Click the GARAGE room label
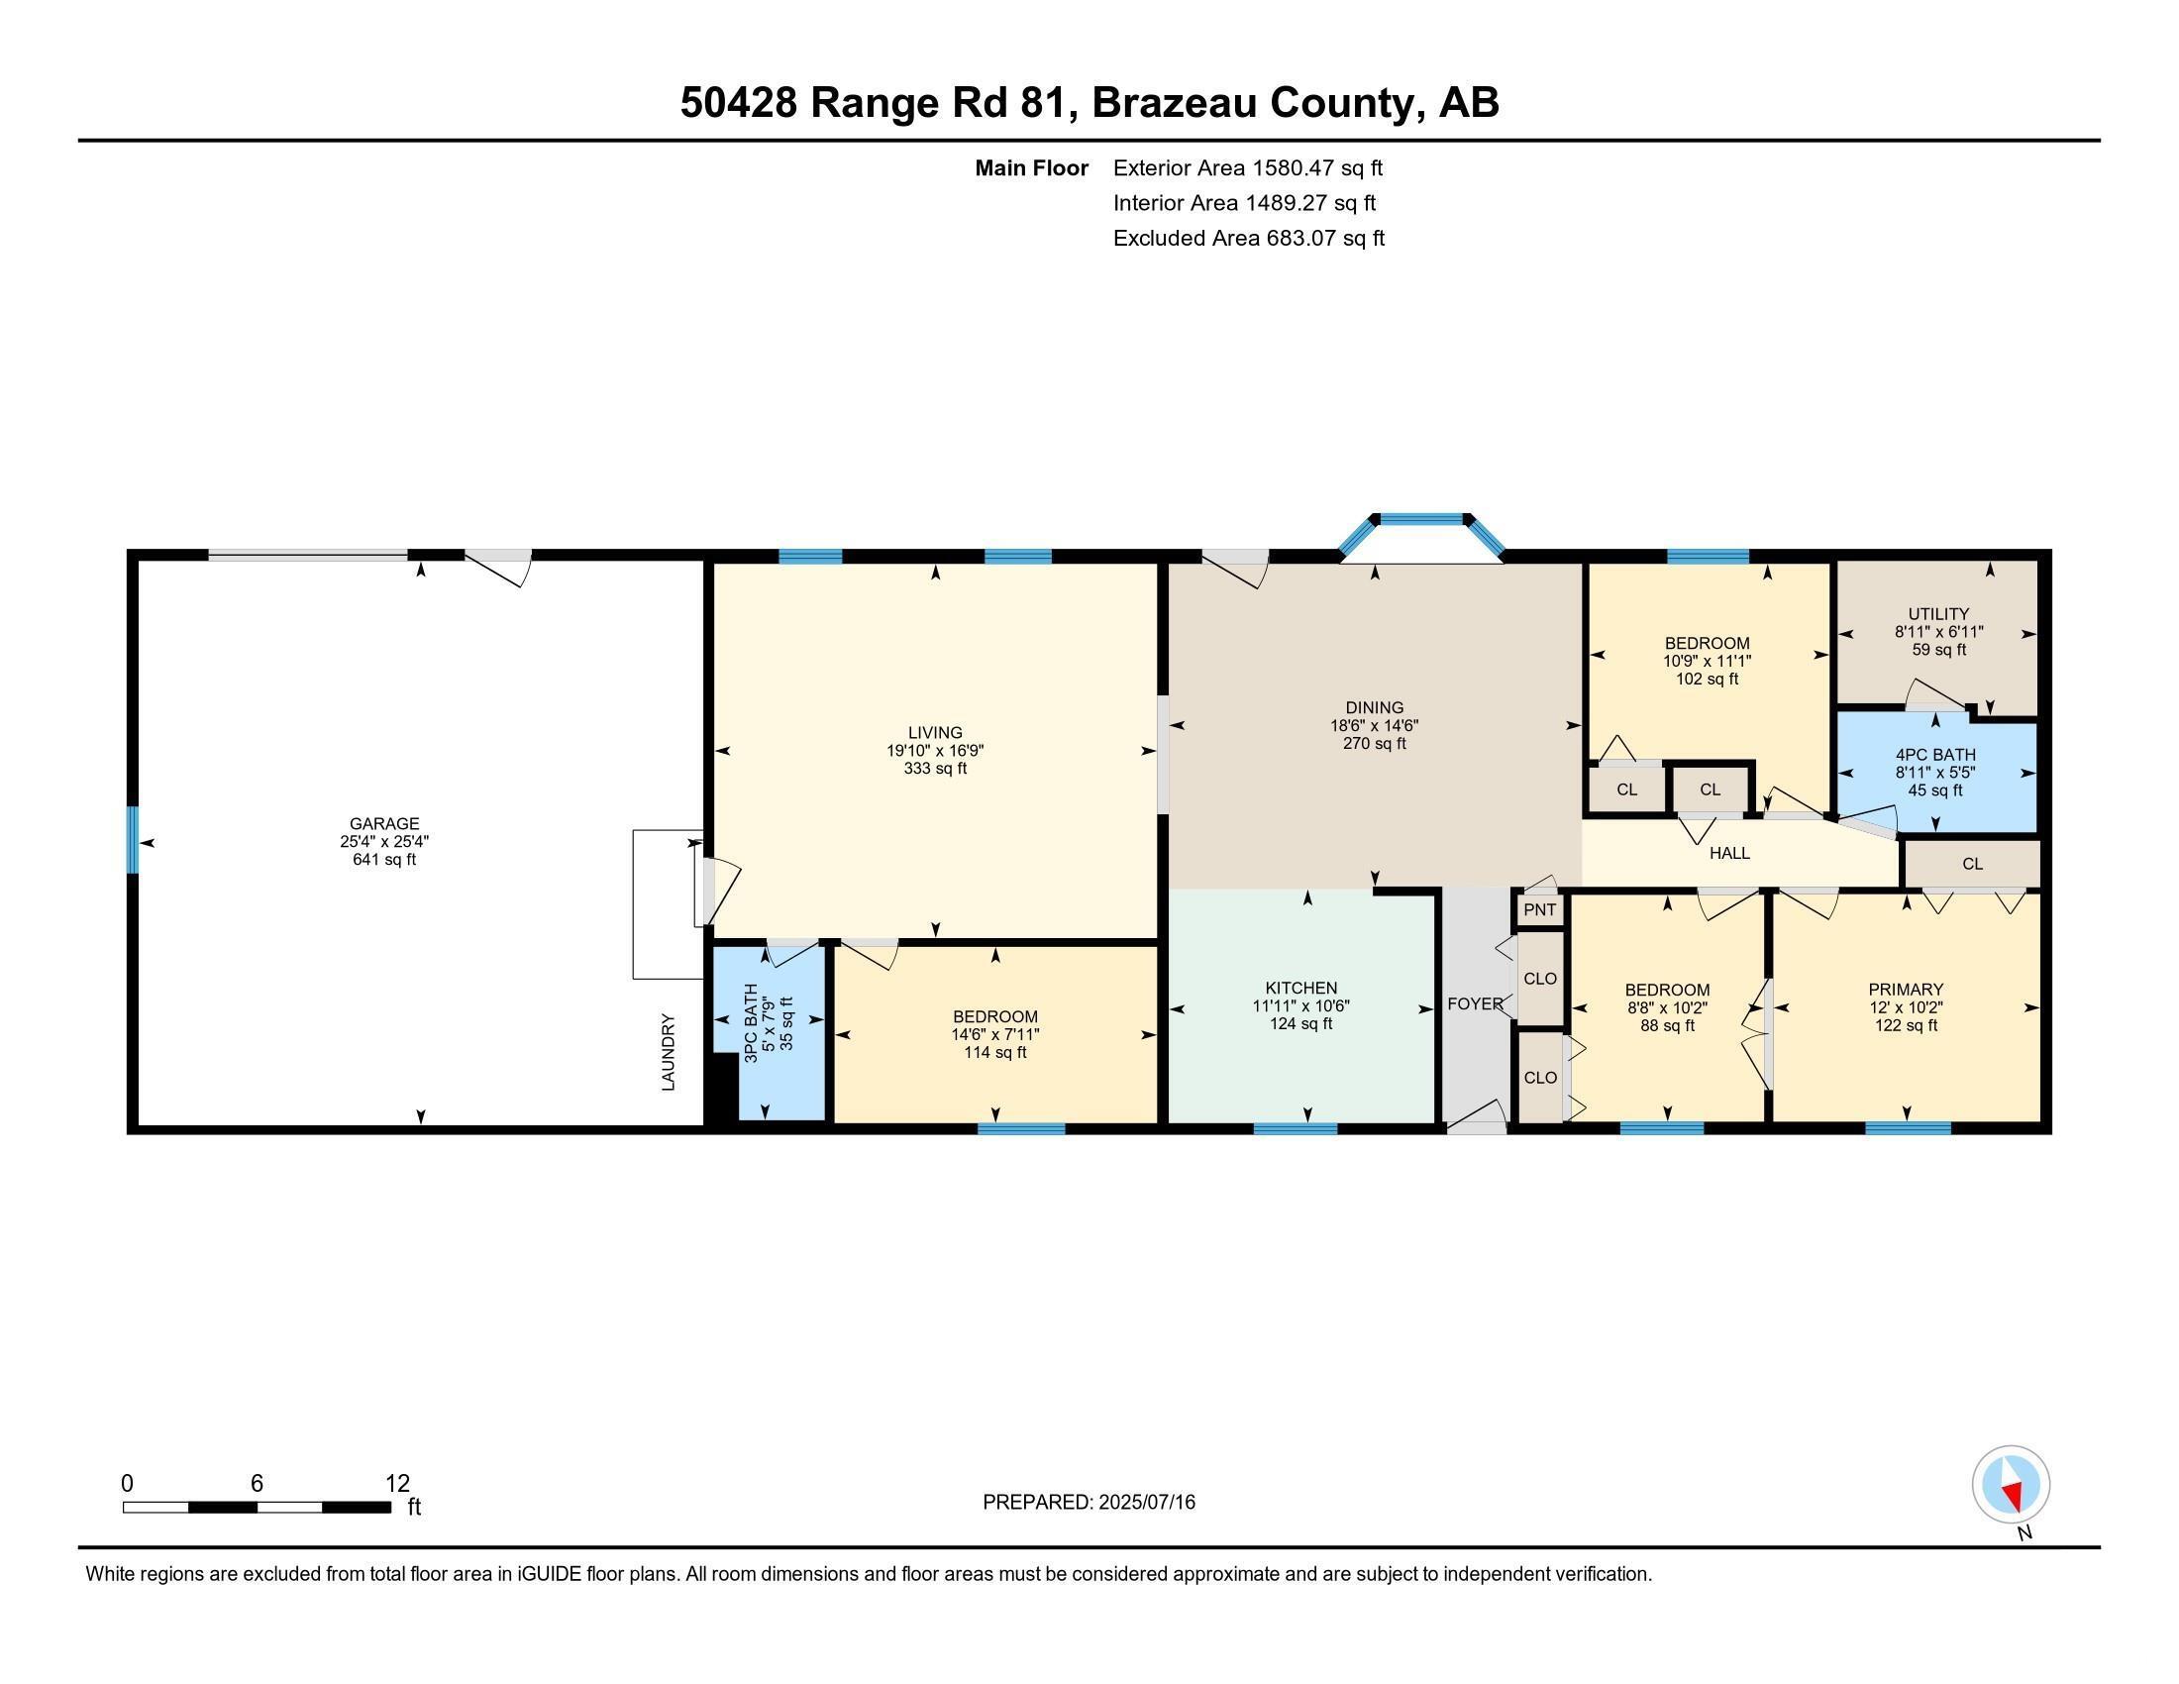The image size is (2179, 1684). tap(384, 823)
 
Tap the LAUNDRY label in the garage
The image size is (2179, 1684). tap(669, 1051)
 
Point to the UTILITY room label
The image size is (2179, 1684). tap(1937, 613)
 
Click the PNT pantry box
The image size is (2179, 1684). tap(1539, 909)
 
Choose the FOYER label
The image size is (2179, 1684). tap(1475, 1003)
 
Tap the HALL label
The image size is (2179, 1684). tap(1729, 853)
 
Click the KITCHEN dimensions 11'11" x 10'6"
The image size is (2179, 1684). tap(1301, 1005)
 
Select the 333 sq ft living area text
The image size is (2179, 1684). tap(935, 768)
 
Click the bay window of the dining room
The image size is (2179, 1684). tap(1420, 520)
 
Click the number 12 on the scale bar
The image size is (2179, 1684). tap(397, 1484)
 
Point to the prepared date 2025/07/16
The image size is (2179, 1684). tap(1145, 1503)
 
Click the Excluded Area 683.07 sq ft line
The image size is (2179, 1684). tap(1248, 239)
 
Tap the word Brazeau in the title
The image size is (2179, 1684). tap(1173, 103)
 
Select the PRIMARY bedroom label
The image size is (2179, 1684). tap(1905, 990)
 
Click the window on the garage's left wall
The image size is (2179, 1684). tap(132, 839)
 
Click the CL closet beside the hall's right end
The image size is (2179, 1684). tap(1971, 864)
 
